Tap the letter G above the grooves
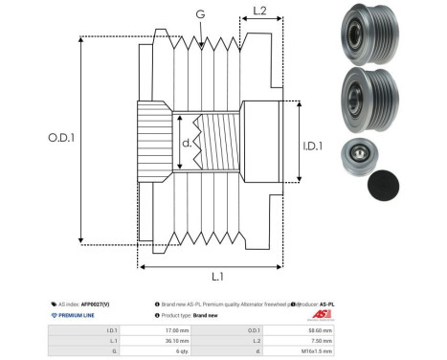199,14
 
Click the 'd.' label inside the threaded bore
187,144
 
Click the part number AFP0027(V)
101,302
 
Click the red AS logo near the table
321,315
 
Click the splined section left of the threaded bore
154,140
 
